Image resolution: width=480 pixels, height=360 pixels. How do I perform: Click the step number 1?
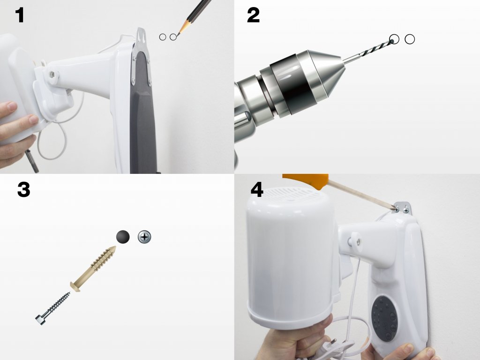click(20, 15)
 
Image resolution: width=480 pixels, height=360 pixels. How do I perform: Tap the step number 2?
click(253, 15)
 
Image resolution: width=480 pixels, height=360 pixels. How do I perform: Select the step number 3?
click(23, 189)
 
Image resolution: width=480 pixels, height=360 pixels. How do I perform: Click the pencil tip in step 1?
click(178, 35)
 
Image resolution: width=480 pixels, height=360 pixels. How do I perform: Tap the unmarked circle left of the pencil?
click(163, 37)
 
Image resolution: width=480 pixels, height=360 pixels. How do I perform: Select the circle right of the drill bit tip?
click(410, 39)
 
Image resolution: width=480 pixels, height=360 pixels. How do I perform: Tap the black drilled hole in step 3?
click(123, 237)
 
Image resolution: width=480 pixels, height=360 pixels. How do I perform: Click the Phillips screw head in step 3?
click(144, 237)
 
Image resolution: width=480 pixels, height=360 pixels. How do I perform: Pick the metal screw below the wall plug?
click(53, 308)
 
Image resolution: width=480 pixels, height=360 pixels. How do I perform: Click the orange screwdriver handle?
click(305, 180)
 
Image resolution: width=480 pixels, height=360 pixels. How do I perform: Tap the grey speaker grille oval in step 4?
click(384, 318)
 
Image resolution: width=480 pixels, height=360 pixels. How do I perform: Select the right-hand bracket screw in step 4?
click(406, 210)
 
